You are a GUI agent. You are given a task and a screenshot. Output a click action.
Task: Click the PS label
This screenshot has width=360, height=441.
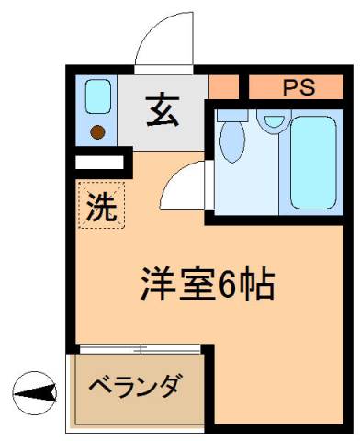tap(297, 88)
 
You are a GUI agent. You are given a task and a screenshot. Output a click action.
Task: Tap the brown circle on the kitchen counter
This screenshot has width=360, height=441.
tap(96, 129)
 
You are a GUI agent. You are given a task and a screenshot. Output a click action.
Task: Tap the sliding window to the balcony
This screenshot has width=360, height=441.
tap(140, 349)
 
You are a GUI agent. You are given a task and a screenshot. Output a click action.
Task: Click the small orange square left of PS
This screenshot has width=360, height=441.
tap(222, 87)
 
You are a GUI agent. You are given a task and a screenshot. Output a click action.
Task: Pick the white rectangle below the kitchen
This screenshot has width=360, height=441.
tap(99, 164)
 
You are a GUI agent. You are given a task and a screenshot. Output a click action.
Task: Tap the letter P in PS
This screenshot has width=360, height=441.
tap(288, 88)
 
